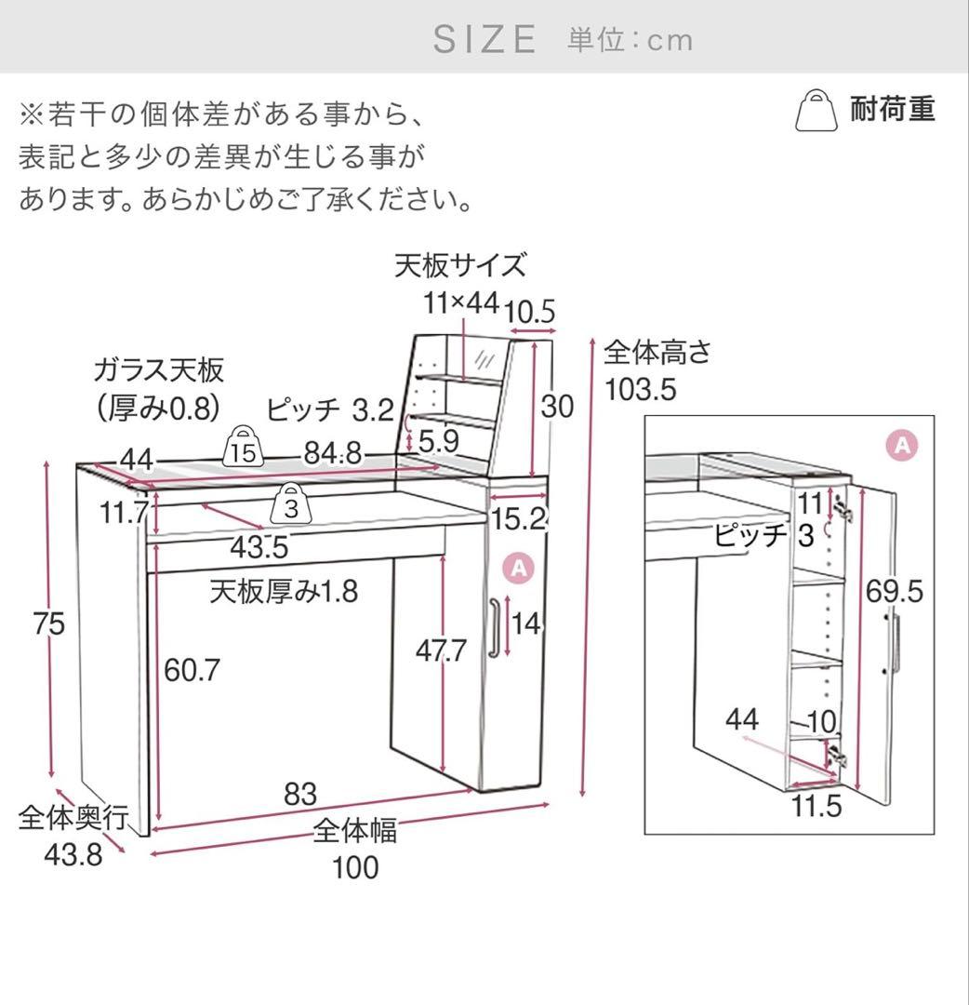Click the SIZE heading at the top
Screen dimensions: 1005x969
click(484, 39)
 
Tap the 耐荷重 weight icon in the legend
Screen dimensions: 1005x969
click(815, 111)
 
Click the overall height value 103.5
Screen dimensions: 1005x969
click(641, 389)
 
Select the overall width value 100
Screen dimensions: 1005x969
click(355, 867)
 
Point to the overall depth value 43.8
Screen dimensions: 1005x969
click(73, 854)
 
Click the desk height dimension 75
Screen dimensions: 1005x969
click(47, 623)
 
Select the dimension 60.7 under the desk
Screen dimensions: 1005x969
click(192, 669)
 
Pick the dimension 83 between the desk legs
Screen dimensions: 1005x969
click(300, 795)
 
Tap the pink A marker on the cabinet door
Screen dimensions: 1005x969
click(518, 567)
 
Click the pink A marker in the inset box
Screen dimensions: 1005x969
click(901, 445)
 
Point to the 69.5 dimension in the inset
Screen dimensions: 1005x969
click(894, 591)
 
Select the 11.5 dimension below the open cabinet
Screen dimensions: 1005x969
click(816, 806)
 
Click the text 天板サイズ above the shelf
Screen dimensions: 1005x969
click(460, 266)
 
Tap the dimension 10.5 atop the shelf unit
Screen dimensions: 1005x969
click(533, 313)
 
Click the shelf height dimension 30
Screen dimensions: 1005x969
click(558, 407)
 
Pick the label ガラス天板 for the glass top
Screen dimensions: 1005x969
click(158, 370)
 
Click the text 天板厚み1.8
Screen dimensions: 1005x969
click(284, 591)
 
